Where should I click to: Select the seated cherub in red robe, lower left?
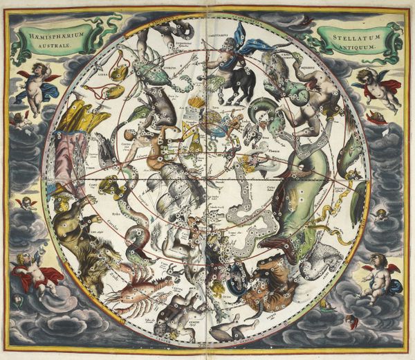point(31,273)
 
